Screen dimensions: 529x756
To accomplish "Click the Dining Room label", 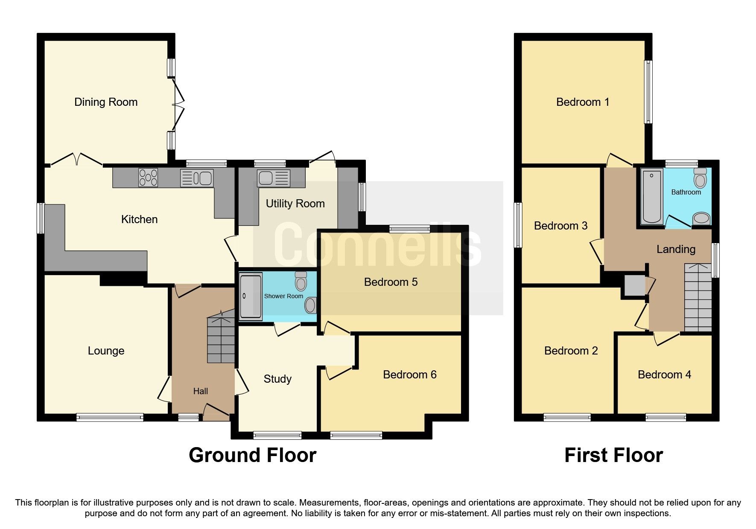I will (106, 102).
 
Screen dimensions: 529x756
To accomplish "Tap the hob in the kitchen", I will (148, 178).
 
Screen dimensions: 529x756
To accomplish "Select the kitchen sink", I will (196, 178).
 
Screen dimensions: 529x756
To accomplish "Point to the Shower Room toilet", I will (301, 281).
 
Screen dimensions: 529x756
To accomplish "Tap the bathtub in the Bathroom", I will (652, 196).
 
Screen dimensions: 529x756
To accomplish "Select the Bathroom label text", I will (686, 192).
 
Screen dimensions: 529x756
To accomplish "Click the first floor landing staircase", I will (698, 298).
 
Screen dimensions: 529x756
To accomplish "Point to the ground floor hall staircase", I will (221, 340).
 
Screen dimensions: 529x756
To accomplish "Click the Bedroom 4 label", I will (664, 375).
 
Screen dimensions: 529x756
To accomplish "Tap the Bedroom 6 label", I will (409, 375).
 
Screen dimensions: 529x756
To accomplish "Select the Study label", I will (277, 379).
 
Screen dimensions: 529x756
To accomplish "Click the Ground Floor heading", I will (252, 455).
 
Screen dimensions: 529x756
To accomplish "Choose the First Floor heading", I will (613, 455).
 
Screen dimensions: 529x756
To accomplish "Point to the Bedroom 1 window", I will (648, 92).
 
